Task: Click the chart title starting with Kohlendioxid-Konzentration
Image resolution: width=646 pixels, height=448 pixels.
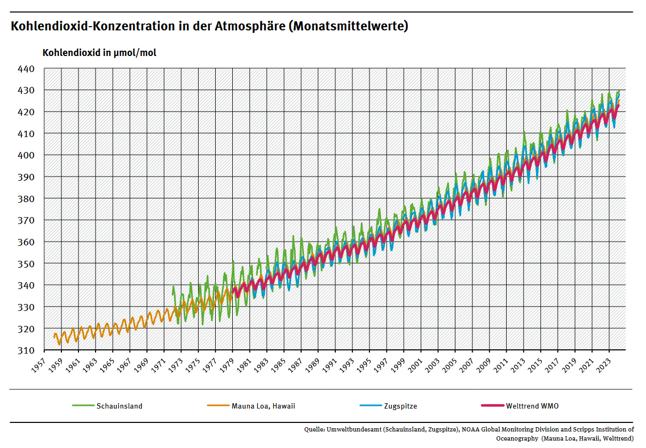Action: pos(209,26)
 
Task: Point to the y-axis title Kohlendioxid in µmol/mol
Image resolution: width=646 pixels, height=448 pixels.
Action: pos(99,53)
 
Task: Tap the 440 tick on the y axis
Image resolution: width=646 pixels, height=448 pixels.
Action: pos(27,69)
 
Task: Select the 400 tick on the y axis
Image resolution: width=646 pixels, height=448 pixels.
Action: pos(27,155)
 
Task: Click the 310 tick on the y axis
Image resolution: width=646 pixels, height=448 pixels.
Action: pos(27,350)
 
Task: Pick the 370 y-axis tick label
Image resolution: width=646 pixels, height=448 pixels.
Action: pos(27,220)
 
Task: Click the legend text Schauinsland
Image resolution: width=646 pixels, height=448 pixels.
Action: pos(120,406)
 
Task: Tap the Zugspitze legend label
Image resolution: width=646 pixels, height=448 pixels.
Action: pos(400,406)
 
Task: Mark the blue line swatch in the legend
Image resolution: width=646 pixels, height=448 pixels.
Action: pos(371,406)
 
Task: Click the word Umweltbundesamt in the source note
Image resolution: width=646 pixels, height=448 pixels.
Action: pos(353,429)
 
